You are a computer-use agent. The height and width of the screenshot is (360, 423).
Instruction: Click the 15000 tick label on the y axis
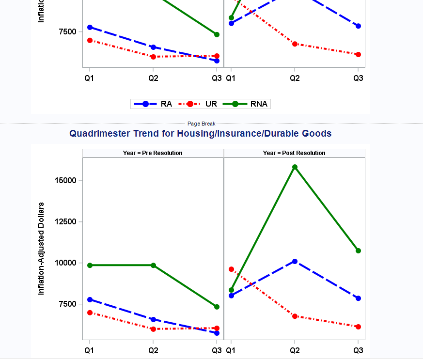click(65, 180)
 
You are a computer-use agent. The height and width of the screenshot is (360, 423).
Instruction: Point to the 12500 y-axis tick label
click(65, 221)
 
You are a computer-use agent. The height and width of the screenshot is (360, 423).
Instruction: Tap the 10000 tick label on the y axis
click(65, 263)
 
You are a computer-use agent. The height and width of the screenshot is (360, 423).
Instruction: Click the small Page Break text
click(202, 124)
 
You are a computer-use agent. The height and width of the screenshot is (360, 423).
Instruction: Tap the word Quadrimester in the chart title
click(100, 134)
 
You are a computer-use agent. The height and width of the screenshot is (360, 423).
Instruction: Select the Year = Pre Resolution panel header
click(153, 153)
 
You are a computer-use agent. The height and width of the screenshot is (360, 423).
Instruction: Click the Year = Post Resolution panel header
click(294, 153)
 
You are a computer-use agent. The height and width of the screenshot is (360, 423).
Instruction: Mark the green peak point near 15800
click(295, 167)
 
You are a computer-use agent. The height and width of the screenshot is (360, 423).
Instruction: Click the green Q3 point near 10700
click(358, 250)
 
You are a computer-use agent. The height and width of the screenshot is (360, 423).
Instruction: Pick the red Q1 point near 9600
click(231, 269)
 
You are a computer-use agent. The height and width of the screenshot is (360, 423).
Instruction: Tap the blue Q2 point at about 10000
click(295, 261)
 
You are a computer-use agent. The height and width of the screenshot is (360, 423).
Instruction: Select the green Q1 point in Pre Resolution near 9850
click(90, 265)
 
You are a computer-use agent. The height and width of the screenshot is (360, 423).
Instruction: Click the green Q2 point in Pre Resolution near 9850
click(153, 265)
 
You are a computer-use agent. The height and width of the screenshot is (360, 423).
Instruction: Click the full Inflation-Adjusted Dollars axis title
click(41, 249)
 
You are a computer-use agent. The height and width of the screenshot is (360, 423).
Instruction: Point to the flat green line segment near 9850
click(121, 265)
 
